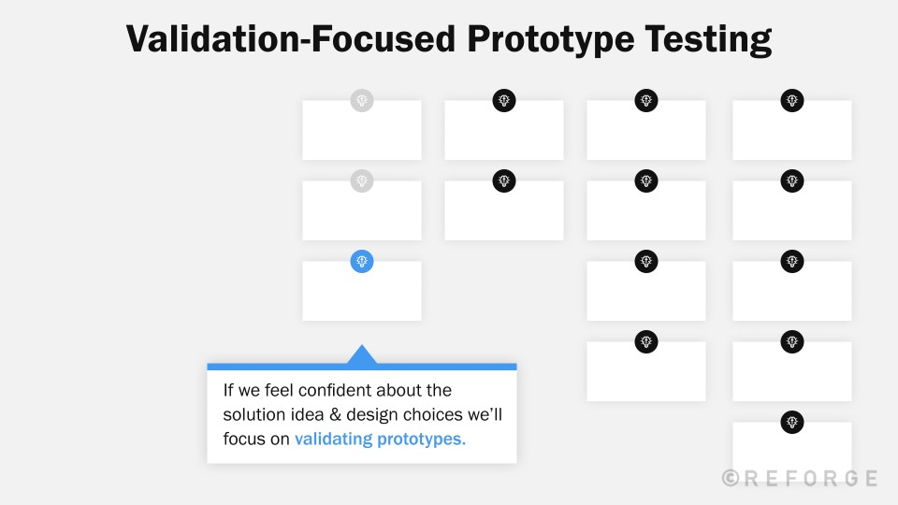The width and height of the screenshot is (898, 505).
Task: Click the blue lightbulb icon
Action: coord(362,262)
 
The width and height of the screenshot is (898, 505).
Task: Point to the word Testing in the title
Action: coord(713,39)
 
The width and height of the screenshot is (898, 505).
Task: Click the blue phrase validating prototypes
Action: coord(380,440)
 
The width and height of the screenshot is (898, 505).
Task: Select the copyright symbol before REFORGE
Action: coord(731,478)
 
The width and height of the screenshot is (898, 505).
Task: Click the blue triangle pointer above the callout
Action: coord(362,354)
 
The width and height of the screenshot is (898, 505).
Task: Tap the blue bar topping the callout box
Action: coord(362,367)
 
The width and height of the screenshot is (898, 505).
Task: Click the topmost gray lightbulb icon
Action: coord(362,101)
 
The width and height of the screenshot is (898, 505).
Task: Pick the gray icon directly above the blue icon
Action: coord(362,181)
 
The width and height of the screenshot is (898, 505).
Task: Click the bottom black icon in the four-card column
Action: coord(646,342)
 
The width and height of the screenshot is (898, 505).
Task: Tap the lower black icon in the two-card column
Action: coord(504,181)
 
